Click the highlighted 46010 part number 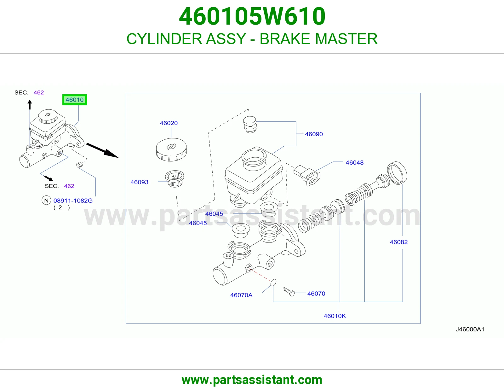[74, 100]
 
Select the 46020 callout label [169, 123]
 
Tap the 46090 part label [314, 134]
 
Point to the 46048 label [354, 162]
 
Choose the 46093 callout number [140, 182]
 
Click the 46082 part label [399, 242]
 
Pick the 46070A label [241, 295]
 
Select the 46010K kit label [335, 316]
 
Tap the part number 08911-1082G [73, 201]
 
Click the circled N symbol [46, 200]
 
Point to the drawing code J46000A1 [470, 329]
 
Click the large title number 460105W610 [252, 16]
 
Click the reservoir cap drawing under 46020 [171, 149]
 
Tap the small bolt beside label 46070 [289, 291]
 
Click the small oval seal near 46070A [273, 283]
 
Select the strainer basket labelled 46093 [175, 179]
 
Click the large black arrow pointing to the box [102, 150]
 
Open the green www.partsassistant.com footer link [252, 380]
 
